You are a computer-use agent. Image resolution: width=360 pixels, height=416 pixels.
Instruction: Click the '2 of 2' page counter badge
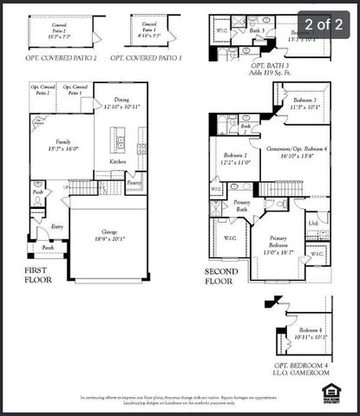pos(324,25)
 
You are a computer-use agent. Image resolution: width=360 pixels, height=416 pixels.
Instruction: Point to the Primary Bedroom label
pos(272,242)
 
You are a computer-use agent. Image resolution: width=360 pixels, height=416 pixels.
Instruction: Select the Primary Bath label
pos(242,205)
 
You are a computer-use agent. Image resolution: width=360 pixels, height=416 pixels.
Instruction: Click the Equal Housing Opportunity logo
pos(331,392)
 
